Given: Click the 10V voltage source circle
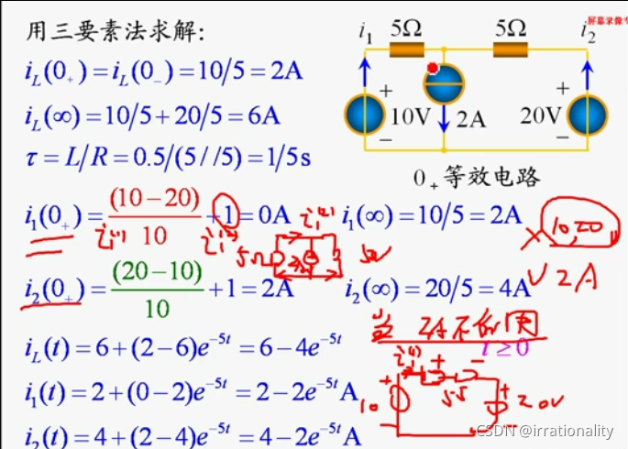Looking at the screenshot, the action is click(365, 114).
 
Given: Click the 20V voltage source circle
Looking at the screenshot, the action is click(587, 114).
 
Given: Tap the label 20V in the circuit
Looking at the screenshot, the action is click(539, 116).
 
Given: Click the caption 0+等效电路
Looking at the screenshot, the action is click(477, 177).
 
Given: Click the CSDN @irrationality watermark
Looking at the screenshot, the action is click(545, 431).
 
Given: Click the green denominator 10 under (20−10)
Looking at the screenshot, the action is click(157, 310).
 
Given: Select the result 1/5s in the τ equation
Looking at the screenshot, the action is click(286, 157).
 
